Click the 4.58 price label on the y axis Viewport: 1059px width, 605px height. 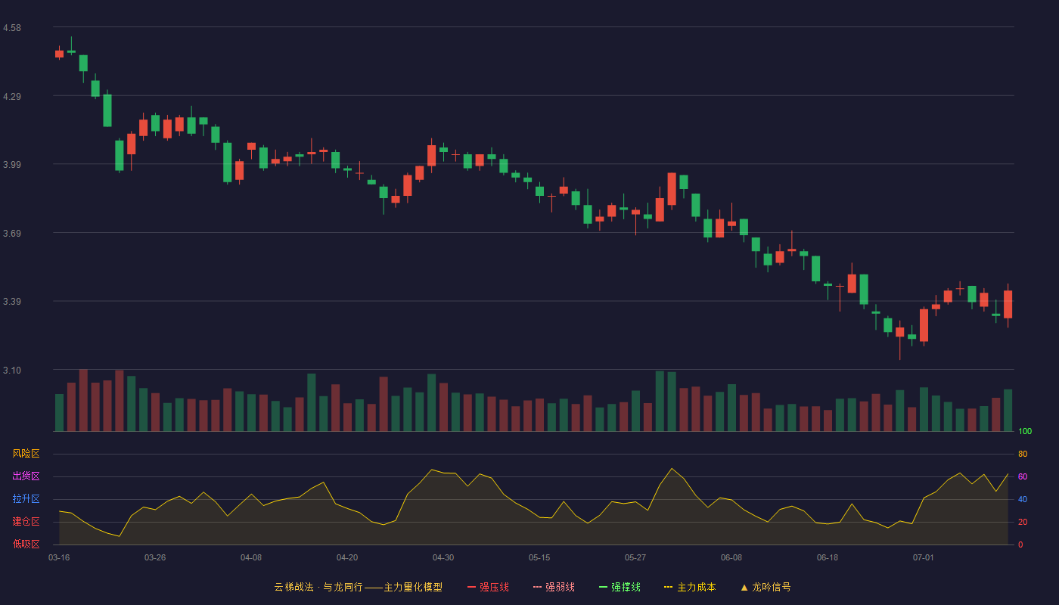pos(12,28)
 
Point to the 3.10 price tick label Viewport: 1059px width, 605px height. pos(12,370)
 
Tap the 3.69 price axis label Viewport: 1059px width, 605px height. pos(12,233)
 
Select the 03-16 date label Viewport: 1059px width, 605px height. pos(59,558)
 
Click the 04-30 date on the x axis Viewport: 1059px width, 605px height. pos(443,558)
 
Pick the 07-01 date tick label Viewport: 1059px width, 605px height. pos(924,558)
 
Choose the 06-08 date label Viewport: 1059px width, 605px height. pos(731,558)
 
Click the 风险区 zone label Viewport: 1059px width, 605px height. pos(26,454)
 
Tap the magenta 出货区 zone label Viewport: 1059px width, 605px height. pos(26,476)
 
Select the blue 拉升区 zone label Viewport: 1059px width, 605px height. pos(26,498)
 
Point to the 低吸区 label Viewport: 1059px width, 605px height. pos(26,544)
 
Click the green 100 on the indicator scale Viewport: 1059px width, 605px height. pos(1025,431)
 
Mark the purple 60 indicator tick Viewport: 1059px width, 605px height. pos(1023,476)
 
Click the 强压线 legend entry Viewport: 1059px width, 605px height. pos(488,587)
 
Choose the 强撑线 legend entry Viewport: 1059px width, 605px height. pos(620,587)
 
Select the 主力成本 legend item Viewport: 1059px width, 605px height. pos(690,587)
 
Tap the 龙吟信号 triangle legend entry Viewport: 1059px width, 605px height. pos(766,587)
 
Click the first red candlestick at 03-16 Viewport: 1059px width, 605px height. pos(59,54)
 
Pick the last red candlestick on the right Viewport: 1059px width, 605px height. pos(1008,304)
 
